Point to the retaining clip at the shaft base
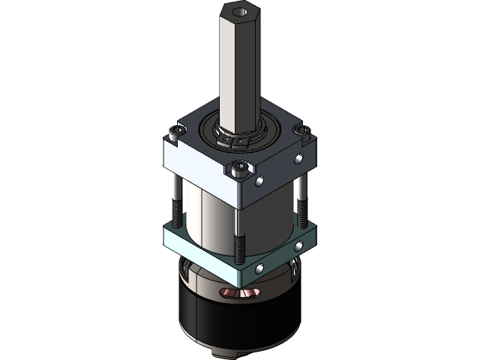pos(232,139)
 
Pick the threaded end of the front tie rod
pos(239,248)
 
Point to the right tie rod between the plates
pos(301,199)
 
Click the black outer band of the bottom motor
pos(240,322)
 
